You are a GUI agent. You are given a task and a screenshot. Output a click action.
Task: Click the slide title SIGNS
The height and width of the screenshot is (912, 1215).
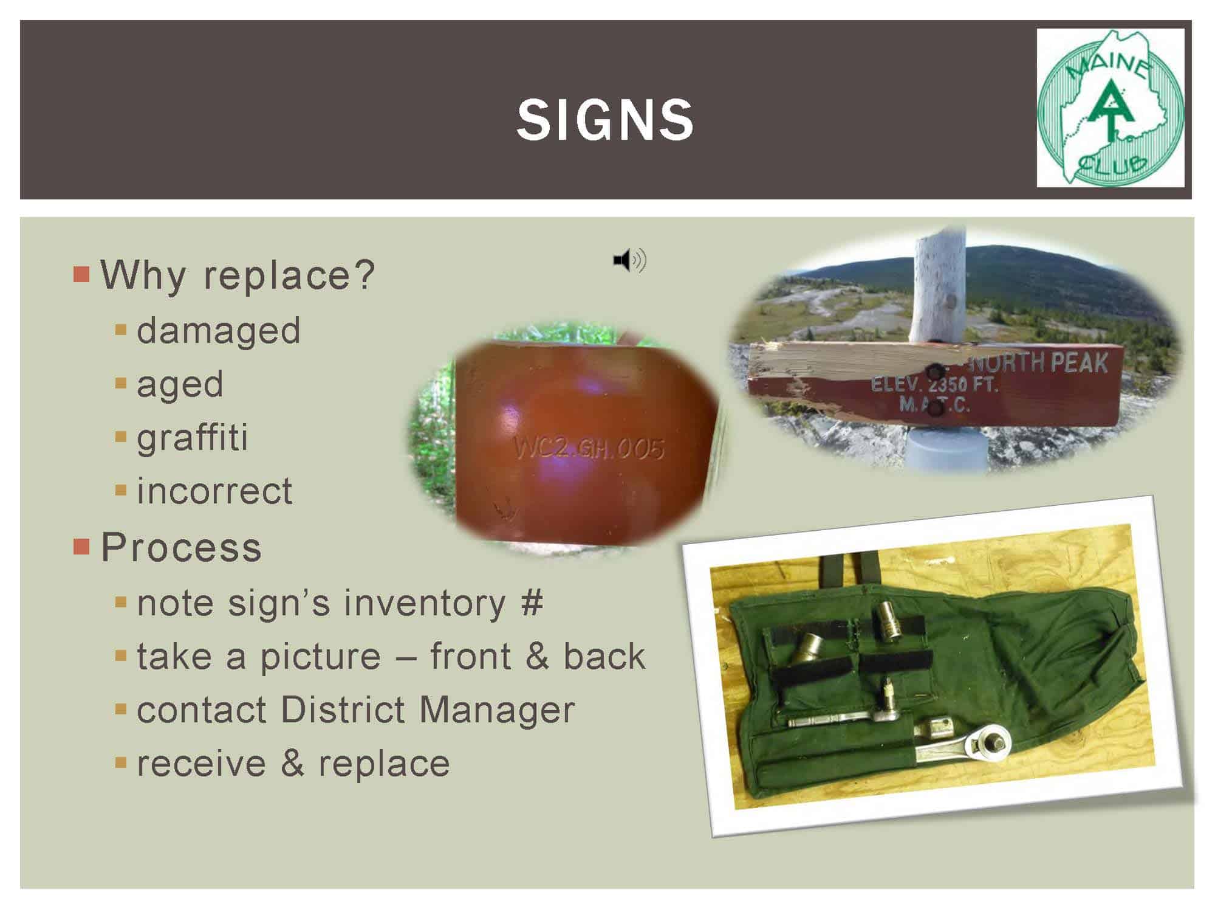(x=605, y=120)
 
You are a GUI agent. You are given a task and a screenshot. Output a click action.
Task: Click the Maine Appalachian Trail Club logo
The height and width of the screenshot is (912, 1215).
(x=1111, y=108)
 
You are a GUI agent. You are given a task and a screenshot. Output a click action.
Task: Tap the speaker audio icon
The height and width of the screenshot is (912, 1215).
(x=630, y=260)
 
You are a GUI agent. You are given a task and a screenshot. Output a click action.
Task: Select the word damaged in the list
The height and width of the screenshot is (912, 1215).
(x=219, y=330)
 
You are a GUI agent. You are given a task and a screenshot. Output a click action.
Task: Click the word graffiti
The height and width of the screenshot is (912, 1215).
(x=193, y=437)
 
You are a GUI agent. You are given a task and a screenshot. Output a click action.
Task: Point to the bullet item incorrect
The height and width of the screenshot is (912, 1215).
(x=214, y=491)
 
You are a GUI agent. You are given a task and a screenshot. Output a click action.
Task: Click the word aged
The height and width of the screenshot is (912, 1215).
(x=180, y=384)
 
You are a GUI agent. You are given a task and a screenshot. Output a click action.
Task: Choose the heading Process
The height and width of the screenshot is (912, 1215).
(x=181, y=547)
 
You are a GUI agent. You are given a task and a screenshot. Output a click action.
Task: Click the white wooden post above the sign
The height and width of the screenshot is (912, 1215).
(x=938, y=286)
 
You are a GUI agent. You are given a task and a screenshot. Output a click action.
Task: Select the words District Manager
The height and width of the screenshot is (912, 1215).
(x=428, y=710)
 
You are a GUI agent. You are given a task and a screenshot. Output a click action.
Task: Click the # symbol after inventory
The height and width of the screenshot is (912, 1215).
(x=532, y=603)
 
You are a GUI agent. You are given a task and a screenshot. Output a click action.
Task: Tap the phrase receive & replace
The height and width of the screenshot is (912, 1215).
(x=293, y=763)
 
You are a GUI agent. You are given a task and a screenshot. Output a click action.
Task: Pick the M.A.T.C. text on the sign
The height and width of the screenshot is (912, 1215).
(x=934, y=404)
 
